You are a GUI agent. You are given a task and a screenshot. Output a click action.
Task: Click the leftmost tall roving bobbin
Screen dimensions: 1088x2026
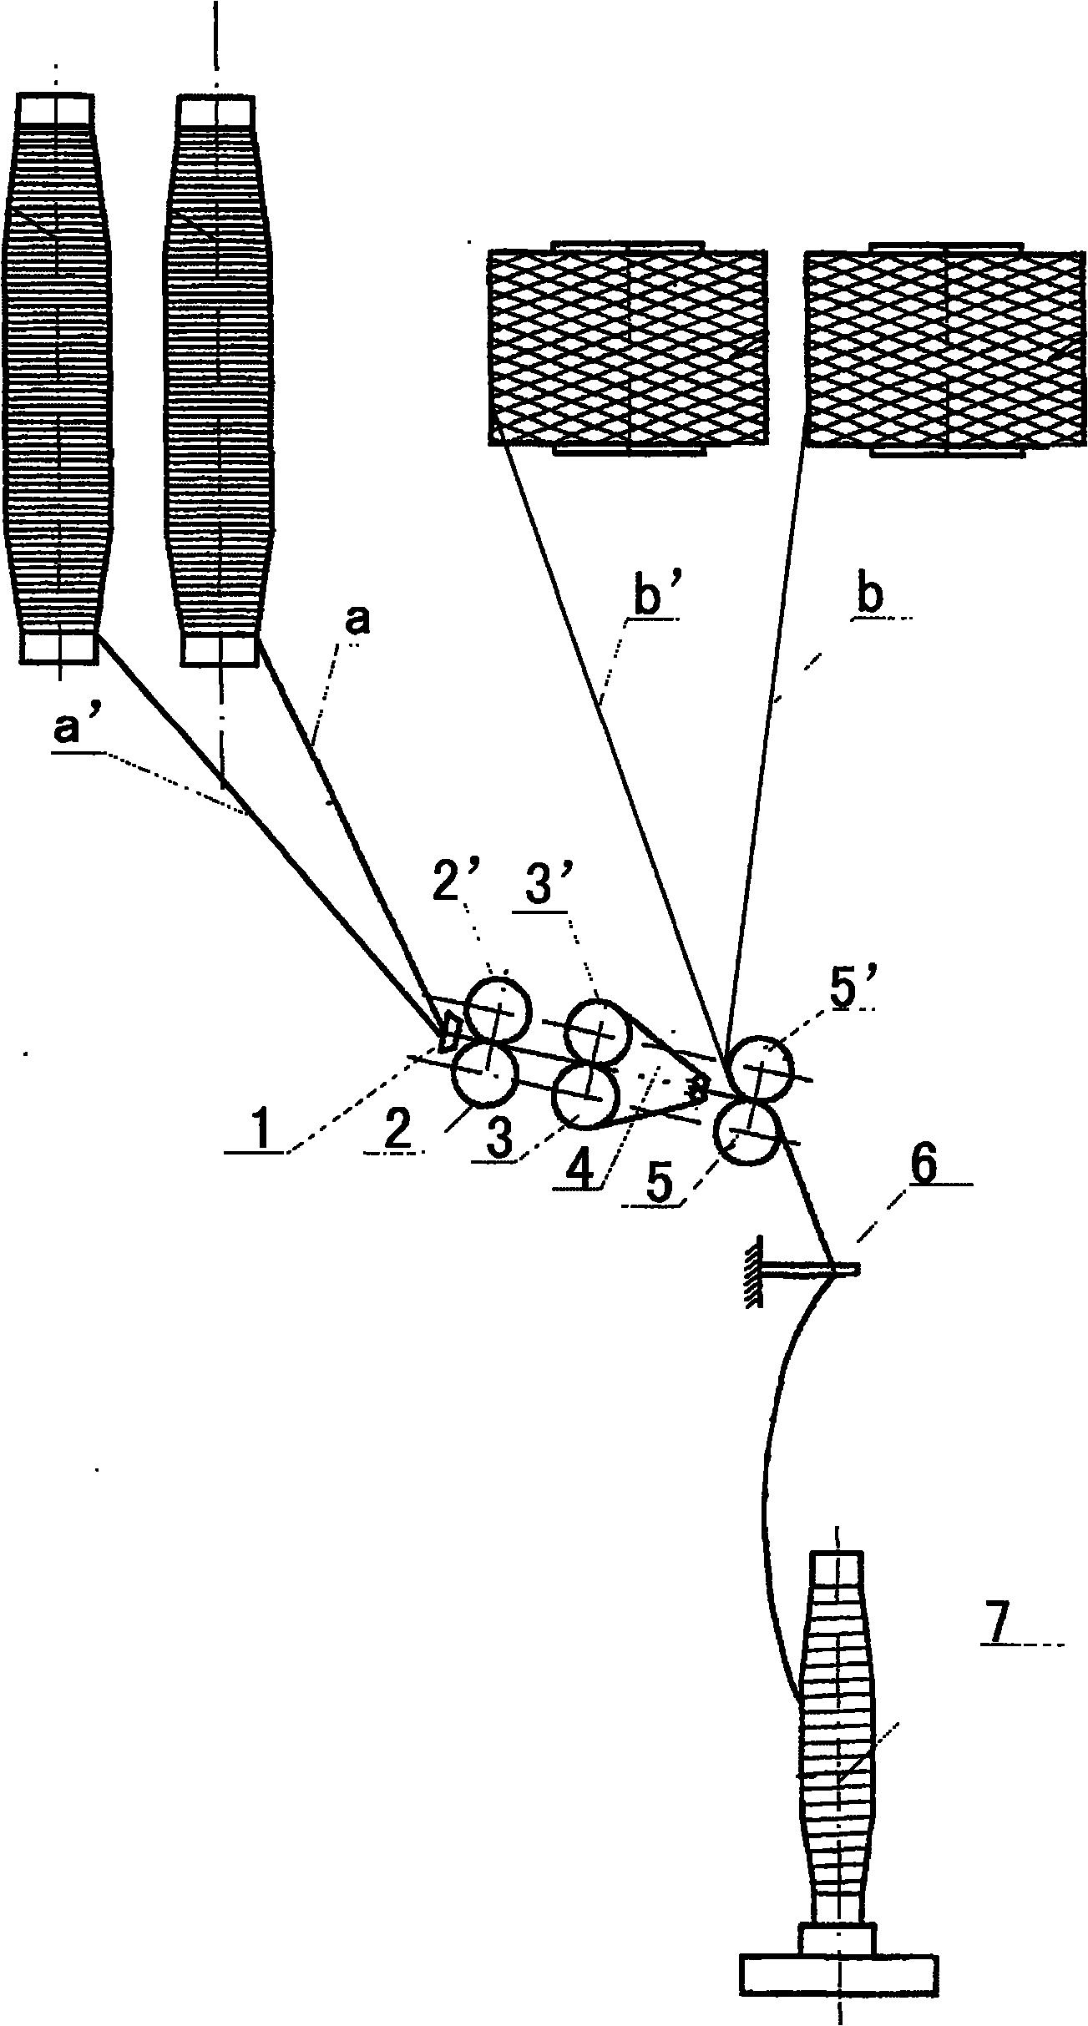[x=56, y=381]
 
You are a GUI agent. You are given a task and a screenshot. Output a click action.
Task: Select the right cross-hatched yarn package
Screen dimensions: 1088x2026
[x=945, y=348]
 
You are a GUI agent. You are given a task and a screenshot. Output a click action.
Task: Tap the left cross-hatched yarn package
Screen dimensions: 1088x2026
[x=626, y=348]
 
